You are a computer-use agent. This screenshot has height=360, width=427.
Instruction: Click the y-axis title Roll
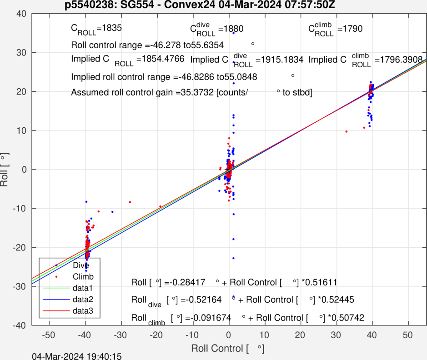(5, 169)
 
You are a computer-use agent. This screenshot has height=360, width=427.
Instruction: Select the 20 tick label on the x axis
(301, 335)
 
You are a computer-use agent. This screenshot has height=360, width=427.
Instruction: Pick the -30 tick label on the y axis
(20, 286)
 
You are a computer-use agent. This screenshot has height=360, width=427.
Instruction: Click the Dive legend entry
(80, 265)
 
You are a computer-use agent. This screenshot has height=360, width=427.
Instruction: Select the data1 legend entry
(82, 288)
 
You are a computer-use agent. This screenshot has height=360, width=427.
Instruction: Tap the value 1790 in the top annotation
(352, 29)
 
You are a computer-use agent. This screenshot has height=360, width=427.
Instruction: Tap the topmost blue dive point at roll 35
(233, 33)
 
